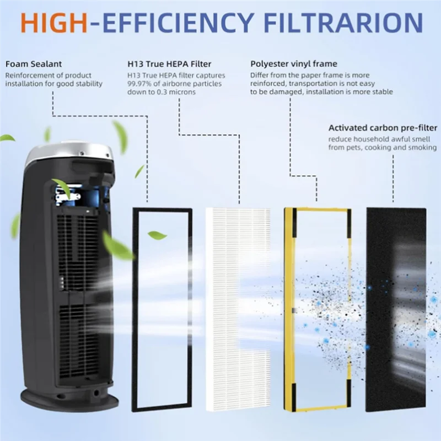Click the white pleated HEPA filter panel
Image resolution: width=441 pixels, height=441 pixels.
pos(238,309)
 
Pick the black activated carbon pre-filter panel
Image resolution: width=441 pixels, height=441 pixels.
pos(396,309)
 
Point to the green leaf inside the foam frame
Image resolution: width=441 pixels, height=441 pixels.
pos(157,235)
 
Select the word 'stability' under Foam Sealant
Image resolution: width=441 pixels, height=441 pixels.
pos(89,84)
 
